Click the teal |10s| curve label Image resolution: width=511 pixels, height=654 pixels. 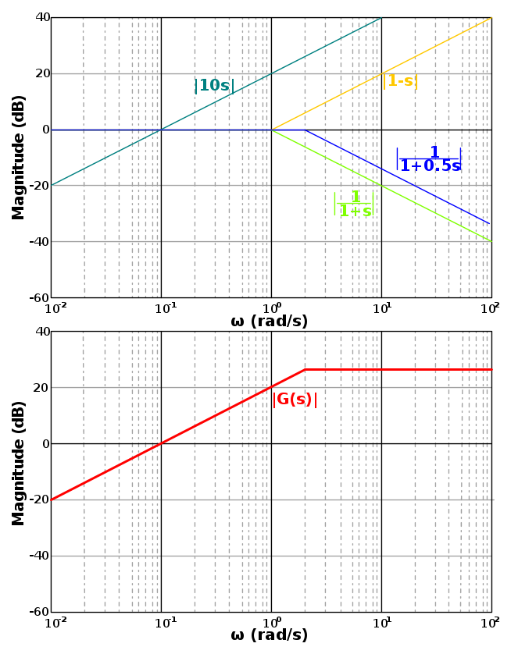click(x=214, y=86)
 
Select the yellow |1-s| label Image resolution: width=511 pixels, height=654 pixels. click(x=400, y=81)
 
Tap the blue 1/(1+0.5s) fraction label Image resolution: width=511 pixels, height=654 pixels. click(x=430, y=158)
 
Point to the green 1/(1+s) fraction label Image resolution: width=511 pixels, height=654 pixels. click(x=354, y=204)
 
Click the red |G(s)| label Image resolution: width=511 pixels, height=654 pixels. click(x=295, y=400)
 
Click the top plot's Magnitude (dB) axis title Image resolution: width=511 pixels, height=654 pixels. click(x=19, y=158)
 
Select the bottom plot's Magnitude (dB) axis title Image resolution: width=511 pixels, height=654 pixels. click(x=19, y=464)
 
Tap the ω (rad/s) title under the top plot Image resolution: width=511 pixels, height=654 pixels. click(x=270, y=322)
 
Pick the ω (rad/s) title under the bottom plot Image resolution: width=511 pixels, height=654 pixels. click(x=270, y=635)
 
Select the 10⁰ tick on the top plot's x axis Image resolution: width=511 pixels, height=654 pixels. click(x=272, y=310)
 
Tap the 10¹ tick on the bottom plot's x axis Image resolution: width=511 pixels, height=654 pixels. click(x=382, y=624)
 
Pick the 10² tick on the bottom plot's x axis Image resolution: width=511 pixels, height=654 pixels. click(x=491, y=624)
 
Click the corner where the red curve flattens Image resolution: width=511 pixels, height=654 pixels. click(x=305, y=369)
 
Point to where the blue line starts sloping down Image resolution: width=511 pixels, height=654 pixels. click(x=305, y=130)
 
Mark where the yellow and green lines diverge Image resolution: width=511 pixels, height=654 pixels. click(x=272, y=130)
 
